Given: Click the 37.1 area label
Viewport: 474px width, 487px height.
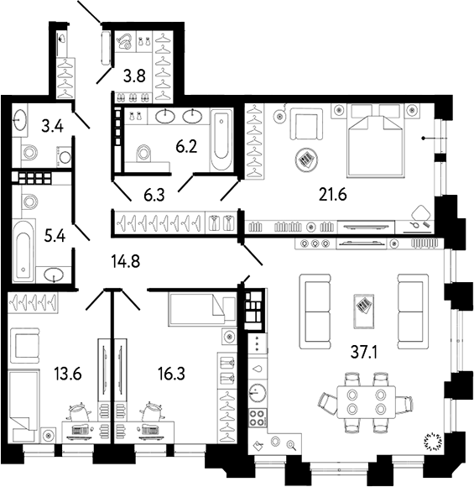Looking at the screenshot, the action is pyautogui.click(x=363, y=352).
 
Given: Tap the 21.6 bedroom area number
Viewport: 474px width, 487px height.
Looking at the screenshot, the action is pyautogui.click(x=333, y=195).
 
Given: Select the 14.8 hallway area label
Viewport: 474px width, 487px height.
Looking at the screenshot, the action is pyautogui.click(x=126, y=261).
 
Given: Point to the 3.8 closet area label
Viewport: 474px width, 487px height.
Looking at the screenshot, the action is pyautogui.click(x=134, y=76).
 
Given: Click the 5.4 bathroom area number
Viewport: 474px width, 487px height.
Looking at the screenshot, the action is pyautogui.click(x=55, y=237).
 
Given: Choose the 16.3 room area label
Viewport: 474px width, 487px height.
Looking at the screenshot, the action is pyautogui.click(x=171, y=374).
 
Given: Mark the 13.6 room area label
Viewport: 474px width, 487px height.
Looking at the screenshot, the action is pyautogui.click(x=68, y=374).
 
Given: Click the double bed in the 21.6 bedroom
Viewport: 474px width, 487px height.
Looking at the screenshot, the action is pyautogui.click(x=376, y=141).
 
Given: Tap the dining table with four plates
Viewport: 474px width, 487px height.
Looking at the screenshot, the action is pyautogui.click(x=367, y=402).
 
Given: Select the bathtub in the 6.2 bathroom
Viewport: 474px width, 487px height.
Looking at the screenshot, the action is pyautogui.click(x=221, y=139).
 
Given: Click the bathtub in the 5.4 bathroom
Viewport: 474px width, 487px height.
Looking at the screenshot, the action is pyautogui.click(x=23, y=250).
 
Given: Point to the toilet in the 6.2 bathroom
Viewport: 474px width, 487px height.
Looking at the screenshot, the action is pyautogui.click(x=143, y=153).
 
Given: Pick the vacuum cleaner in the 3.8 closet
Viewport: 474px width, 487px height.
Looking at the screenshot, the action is pyautogui.click(x=125, y=41).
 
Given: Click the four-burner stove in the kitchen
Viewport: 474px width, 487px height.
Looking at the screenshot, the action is pyautogui.click(x=258, y=417).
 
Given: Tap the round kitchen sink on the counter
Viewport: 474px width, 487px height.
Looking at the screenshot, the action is pyautogui.click(x=258, y=393).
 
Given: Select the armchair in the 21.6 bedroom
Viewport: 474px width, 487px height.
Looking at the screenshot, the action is pyautogui.click(x=306, y=124).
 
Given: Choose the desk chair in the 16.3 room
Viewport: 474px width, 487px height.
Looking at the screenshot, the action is pyautogui.click(x=152, y=411).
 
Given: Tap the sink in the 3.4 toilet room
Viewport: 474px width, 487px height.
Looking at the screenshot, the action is pyautogui.click(x=20, y=119).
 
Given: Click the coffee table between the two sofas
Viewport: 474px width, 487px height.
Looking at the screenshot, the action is pyautogui.click(x=364, y=312).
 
